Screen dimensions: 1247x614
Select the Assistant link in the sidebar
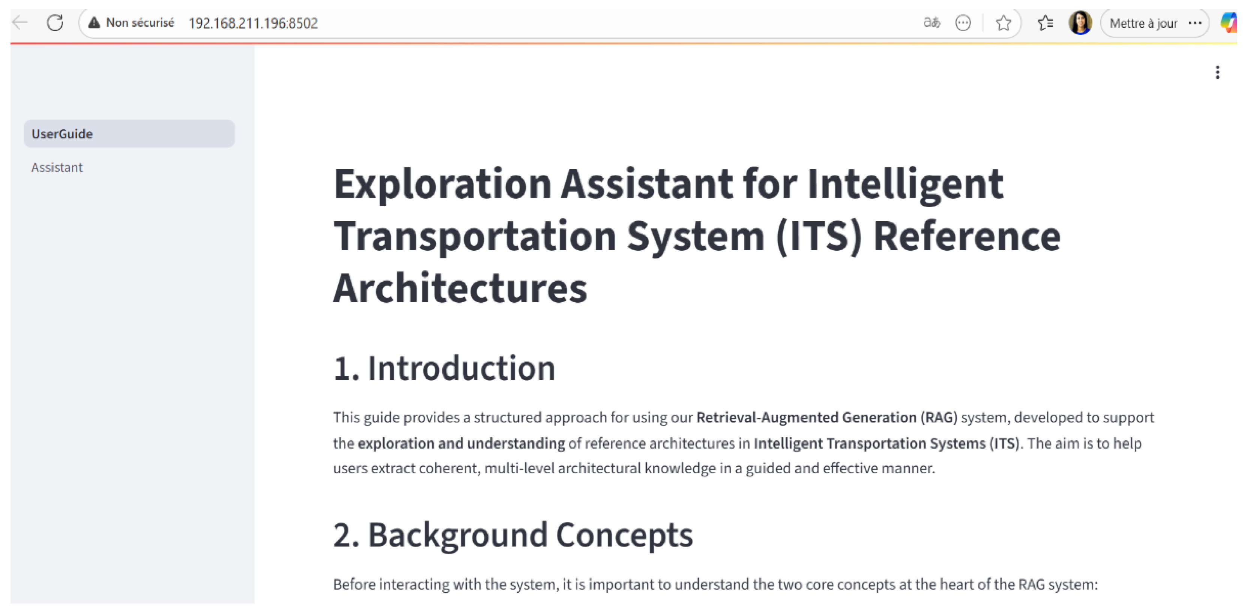[57, 167]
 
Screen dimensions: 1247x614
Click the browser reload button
[55, 23]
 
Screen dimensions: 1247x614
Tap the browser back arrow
[20, 22]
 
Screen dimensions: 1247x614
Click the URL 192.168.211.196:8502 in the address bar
[253, 23]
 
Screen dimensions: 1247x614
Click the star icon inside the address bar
[1004, 23]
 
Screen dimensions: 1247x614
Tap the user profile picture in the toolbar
[1080, 23]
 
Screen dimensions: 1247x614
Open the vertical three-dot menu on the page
[1217, 72]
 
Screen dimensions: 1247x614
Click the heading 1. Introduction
[444, 368]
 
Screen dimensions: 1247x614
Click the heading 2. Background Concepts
[513, 535]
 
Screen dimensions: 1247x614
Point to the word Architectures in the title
[460, 288]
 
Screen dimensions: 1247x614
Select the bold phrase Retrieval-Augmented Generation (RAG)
[827, 417]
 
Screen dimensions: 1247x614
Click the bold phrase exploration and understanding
[461, 443]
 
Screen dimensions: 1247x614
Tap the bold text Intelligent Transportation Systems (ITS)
[887, 443]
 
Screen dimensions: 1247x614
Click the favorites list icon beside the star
[1046, 23]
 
